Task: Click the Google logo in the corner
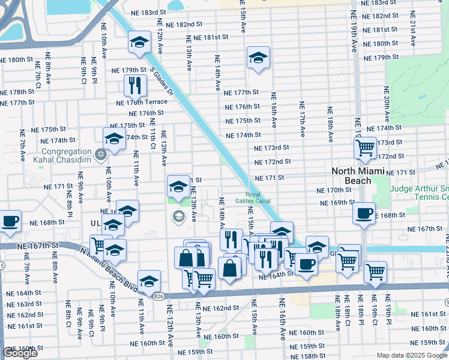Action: pyautogui.click(x=20, y=353)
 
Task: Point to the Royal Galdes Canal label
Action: pyautogui.click(x=253, y=197)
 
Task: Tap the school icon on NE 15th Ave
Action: pyautogui.click(x=258, y=58)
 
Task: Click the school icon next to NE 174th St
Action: pyautogui.click(x=114, y=139)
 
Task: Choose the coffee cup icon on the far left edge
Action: pyautogui.click(x=10, y=220)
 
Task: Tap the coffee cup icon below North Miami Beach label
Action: pyautogui.click(x=364, y=214)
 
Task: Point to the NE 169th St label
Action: pyautogui.click(x=339, y=203)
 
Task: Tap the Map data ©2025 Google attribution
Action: pyautogui.click(x=411, y=355)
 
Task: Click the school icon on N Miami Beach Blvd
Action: pyautogui.click(x=149, y=280)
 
